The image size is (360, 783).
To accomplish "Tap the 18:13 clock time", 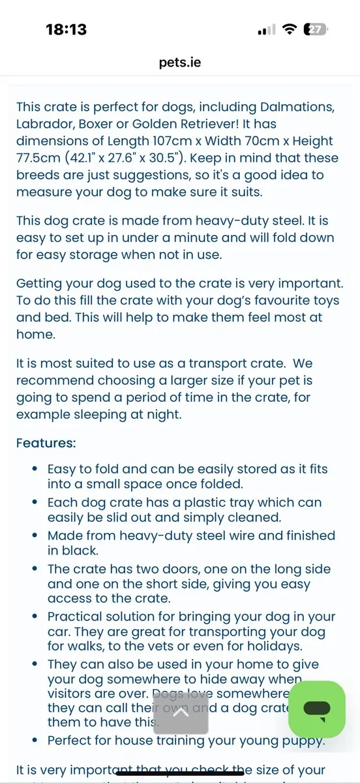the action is pyautogui.click(x=66, y=29).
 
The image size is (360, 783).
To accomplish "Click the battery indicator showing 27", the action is pyautogui.click(x=316, y=29).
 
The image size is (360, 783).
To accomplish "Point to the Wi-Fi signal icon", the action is pyautogui.click(x=288, y=29).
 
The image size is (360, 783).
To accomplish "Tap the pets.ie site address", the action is pyautogui.click(x=180, y=62).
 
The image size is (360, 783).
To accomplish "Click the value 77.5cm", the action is pyautogui.click(x=40, y=158).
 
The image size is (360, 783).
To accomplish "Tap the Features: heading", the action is pyautogui.click(x=46, y=443).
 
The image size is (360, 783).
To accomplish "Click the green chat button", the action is pyautogui.click(x=317, y=709).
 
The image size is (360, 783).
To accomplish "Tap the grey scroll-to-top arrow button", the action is pyautogui.click(x=181, y=713).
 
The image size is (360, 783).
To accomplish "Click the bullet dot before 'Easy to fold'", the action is pyautogui.click(x=35, y=469).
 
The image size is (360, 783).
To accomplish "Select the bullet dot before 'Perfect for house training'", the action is pyautogui.click(x=35, y=741).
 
